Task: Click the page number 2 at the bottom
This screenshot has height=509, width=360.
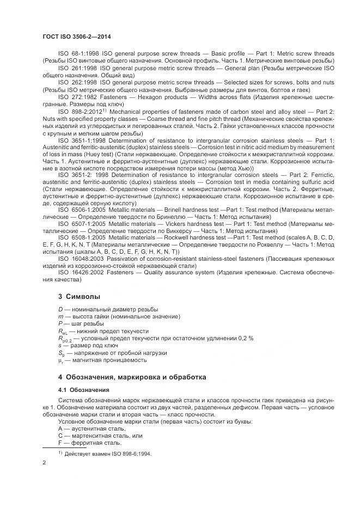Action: click(44, 463)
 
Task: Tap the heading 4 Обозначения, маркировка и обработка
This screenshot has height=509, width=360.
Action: click(131, 377)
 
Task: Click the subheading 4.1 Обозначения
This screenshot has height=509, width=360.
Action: click(84, 390)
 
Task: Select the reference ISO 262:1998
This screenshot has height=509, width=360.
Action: click(75, 82)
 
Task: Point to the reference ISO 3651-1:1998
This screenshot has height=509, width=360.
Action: click(80, 140)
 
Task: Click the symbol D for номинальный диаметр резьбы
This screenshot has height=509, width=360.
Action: click(60, 309)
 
